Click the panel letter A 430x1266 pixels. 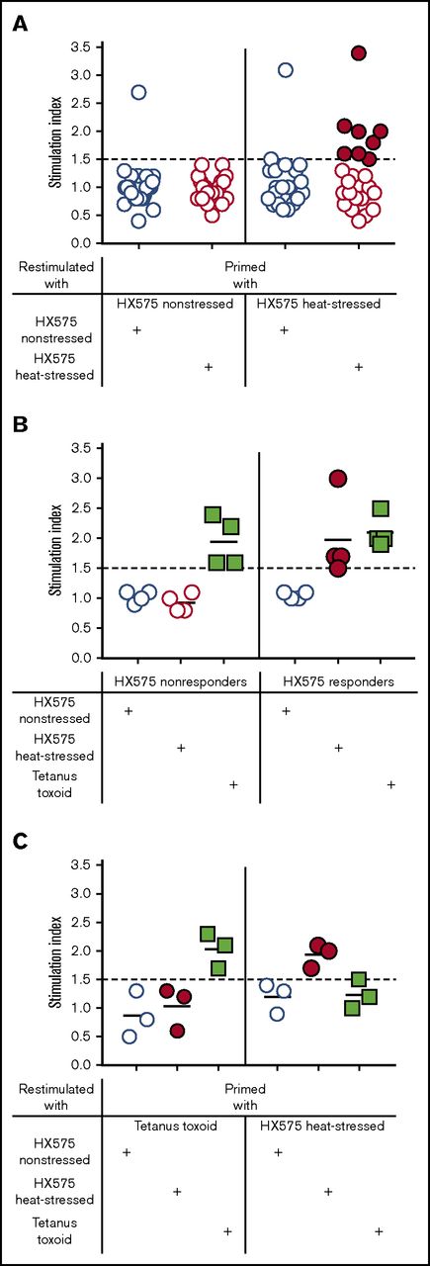pyautogui.click(x=19, y=21)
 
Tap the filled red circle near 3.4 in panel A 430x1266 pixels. pyautogui.click(x=359, y=52)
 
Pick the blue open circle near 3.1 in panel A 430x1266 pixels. pyautogui.click(x=285, y=70)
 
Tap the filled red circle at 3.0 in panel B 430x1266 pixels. pyautogui.click(x=338, y=479)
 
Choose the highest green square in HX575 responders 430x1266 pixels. pyautogui.click(x=381, y=508)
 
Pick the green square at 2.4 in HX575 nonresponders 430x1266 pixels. pyautogui.click(x=213, y=514)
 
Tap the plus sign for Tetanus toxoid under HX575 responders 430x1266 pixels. pyautogui.click(x=390, y=784)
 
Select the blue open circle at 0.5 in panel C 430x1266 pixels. pyautogui.click(x=129, y=1036)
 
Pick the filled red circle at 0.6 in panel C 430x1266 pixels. pyautogui.click(x=177, y=1031)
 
